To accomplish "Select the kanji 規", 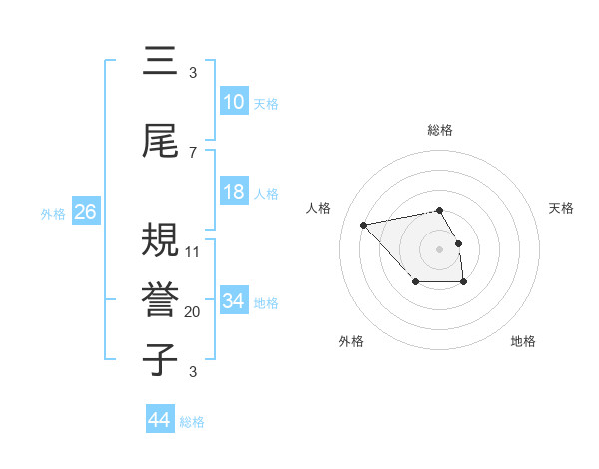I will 159,241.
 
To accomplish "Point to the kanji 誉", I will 159,300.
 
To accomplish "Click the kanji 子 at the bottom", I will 159,360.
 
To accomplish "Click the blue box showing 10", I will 234,102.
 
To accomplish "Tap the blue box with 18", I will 234,192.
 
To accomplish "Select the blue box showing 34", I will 234,300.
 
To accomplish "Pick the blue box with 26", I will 85,212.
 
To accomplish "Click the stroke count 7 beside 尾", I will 193,152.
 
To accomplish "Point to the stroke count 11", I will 193,251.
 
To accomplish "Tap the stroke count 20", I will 193,311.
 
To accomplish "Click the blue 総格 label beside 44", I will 192,422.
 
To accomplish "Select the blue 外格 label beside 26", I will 52,213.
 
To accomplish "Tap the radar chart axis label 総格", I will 440,130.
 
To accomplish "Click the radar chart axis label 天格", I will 562,208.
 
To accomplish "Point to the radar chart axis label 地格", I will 523,341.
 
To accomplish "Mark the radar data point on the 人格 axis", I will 364,224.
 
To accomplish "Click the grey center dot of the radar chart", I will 439,248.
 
